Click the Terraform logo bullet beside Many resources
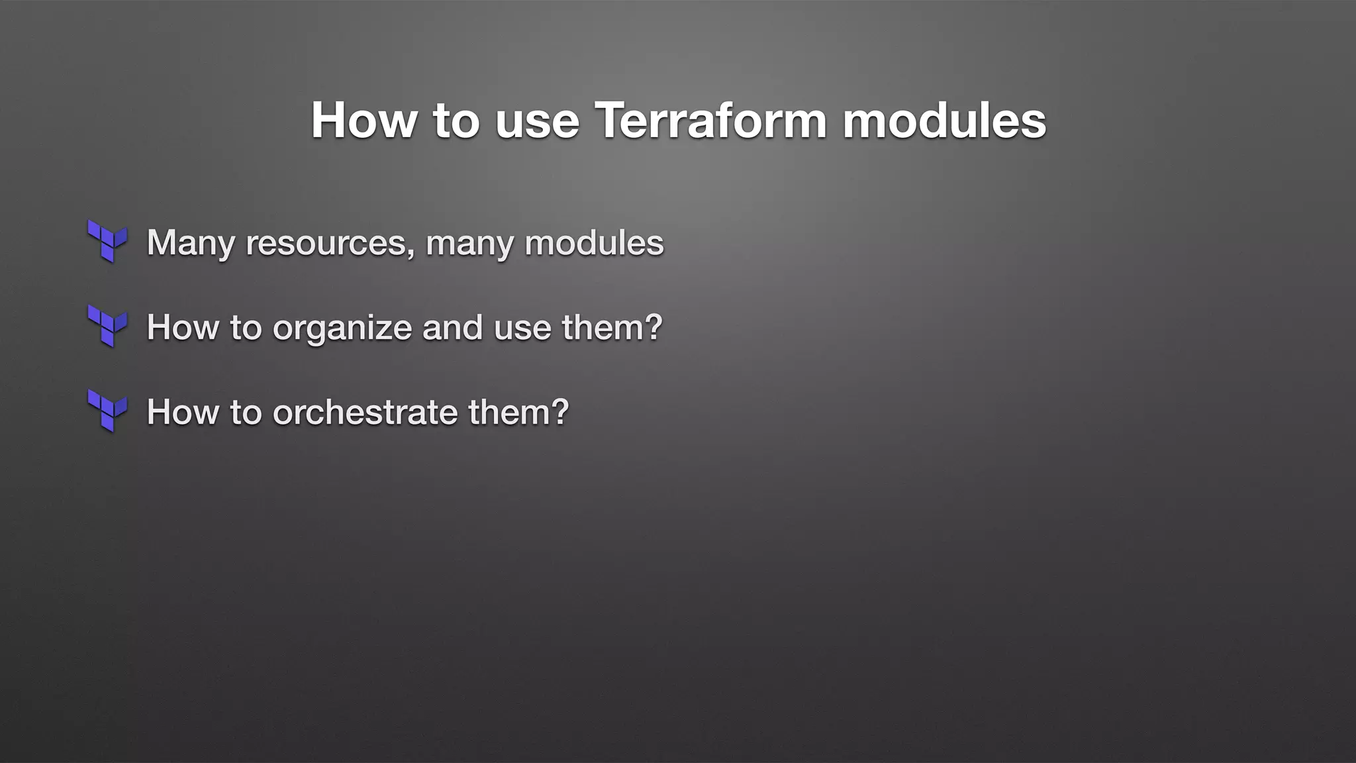[107, 241]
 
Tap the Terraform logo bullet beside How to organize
[107, 326]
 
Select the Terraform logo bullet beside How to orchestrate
[107, 411]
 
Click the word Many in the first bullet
[190, 242]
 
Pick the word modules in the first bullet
[594, 242]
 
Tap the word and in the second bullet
[452, 327]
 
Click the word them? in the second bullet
[612, 327]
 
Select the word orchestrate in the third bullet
[365, 412]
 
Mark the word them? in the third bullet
[518, 412]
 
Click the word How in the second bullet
[182, 327]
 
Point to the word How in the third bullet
[182, 412]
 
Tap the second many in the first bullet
[469, 242]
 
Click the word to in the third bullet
[246, 412]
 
